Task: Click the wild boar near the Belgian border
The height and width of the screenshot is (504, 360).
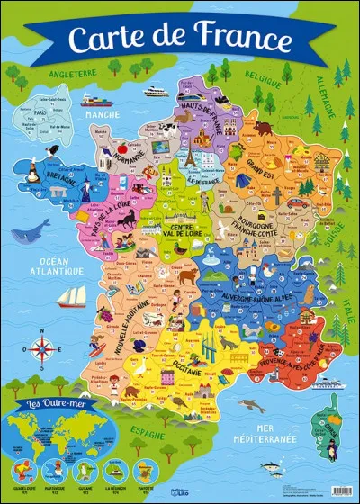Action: coord(264,128)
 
